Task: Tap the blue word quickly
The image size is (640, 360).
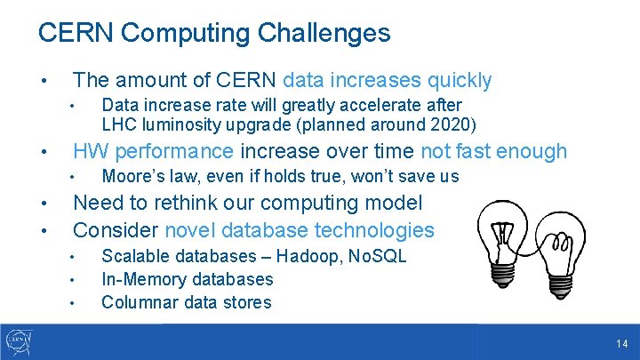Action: click(460, 80)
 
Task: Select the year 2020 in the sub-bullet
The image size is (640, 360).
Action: click(453, 124)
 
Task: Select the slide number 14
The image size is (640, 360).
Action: click(621, 343)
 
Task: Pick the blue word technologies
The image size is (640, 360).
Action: click(376, 230)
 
